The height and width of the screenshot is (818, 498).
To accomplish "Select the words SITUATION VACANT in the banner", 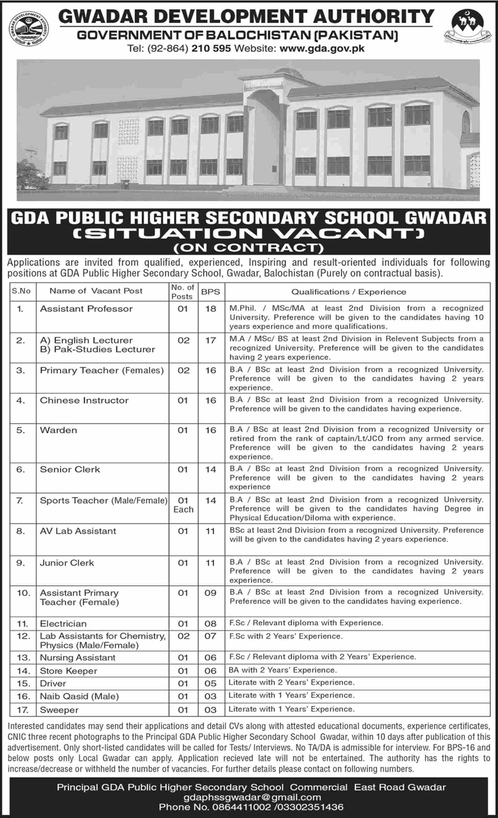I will click(x=249, y=235).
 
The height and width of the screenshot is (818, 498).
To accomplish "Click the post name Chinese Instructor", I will click(x=84, y=400).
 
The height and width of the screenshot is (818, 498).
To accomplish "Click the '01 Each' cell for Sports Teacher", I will click(x=183, y=504).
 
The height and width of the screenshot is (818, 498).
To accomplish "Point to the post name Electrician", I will click(x=63, y=623).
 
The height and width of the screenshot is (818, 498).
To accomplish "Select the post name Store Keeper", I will click(x=68, y=670).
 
